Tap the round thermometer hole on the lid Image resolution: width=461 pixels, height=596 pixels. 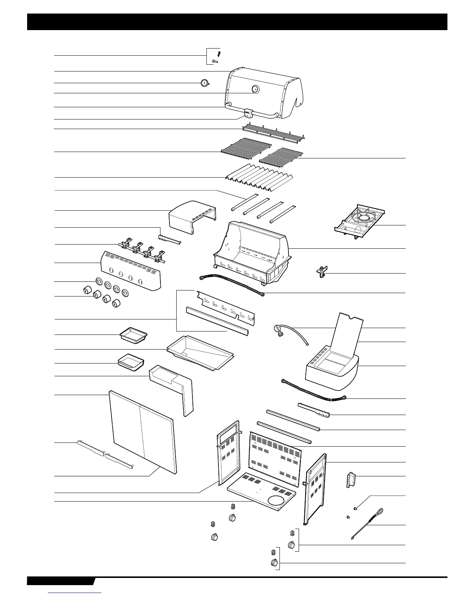[x=255, y=89]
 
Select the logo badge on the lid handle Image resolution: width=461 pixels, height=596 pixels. [x=248, y=112]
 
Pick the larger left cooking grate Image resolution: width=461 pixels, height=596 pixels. [x=246, y=147]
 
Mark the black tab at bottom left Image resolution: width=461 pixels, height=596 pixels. [x=60, y=591]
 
